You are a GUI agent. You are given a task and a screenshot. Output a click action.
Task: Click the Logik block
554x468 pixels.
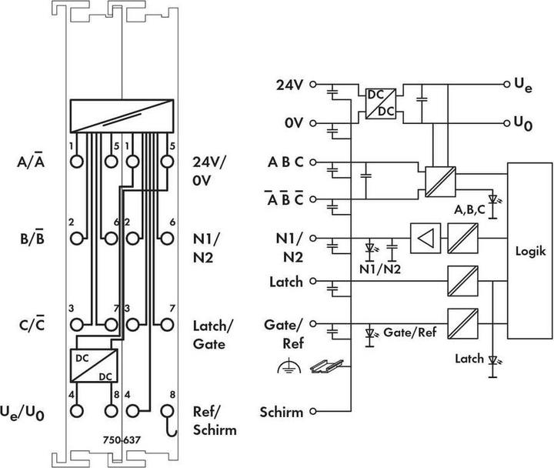[x=529, y=250]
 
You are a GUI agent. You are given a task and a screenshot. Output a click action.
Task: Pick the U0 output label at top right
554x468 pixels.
[x=523, y=123]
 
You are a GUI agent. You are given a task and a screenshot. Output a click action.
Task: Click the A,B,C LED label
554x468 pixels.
[x=470, y=209]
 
